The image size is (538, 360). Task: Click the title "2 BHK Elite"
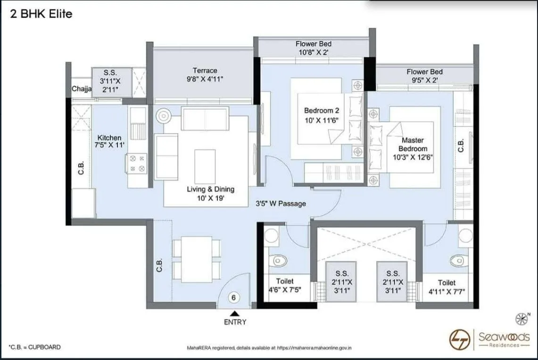click(41, 14)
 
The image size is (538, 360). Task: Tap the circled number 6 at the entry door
click(233, 298)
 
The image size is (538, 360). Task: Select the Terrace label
click(205, 71)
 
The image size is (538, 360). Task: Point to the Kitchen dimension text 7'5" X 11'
click(109, 146)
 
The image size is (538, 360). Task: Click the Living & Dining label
click(210, 189)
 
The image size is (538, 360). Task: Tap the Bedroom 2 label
click(322, 110)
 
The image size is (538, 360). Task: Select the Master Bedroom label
click(413, 144)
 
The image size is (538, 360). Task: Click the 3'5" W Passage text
click(281, 204)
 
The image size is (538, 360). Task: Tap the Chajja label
click(81, 89)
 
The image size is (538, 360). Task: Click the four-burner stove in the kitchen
click(137, 163)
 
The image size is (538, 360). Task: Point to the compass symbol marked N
click(521, 319)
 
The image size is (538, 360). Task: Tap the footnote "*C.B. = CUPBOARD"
click(35, 347)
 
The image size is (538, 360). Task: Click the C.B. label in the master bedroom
click(461, 146)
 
